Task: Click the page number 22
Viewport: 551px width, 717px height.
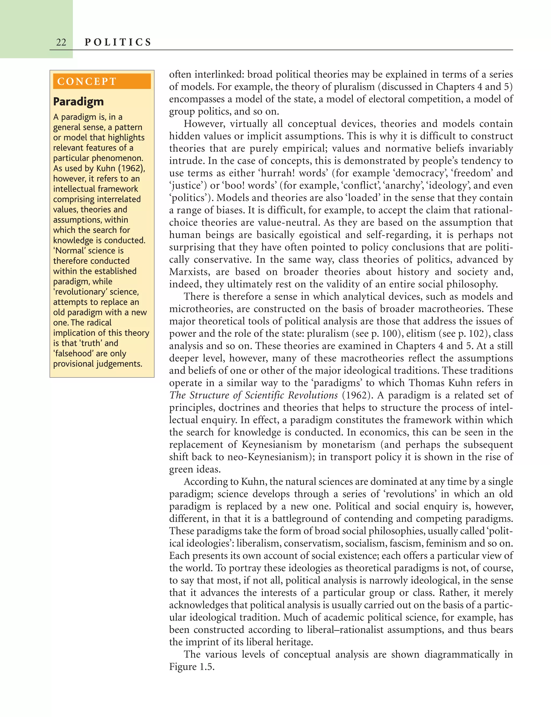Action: coord(61,42)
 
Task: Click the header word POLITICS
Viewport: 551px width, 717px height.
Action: coord(118,42)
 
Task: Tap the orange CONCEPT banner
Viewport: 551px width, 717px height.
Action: coord(102,81)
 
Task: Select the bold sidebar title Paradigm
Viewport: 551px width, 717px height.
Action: coord(78,102)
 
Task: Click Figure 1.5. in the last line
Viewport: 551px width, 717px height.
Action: coord(192,667)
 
